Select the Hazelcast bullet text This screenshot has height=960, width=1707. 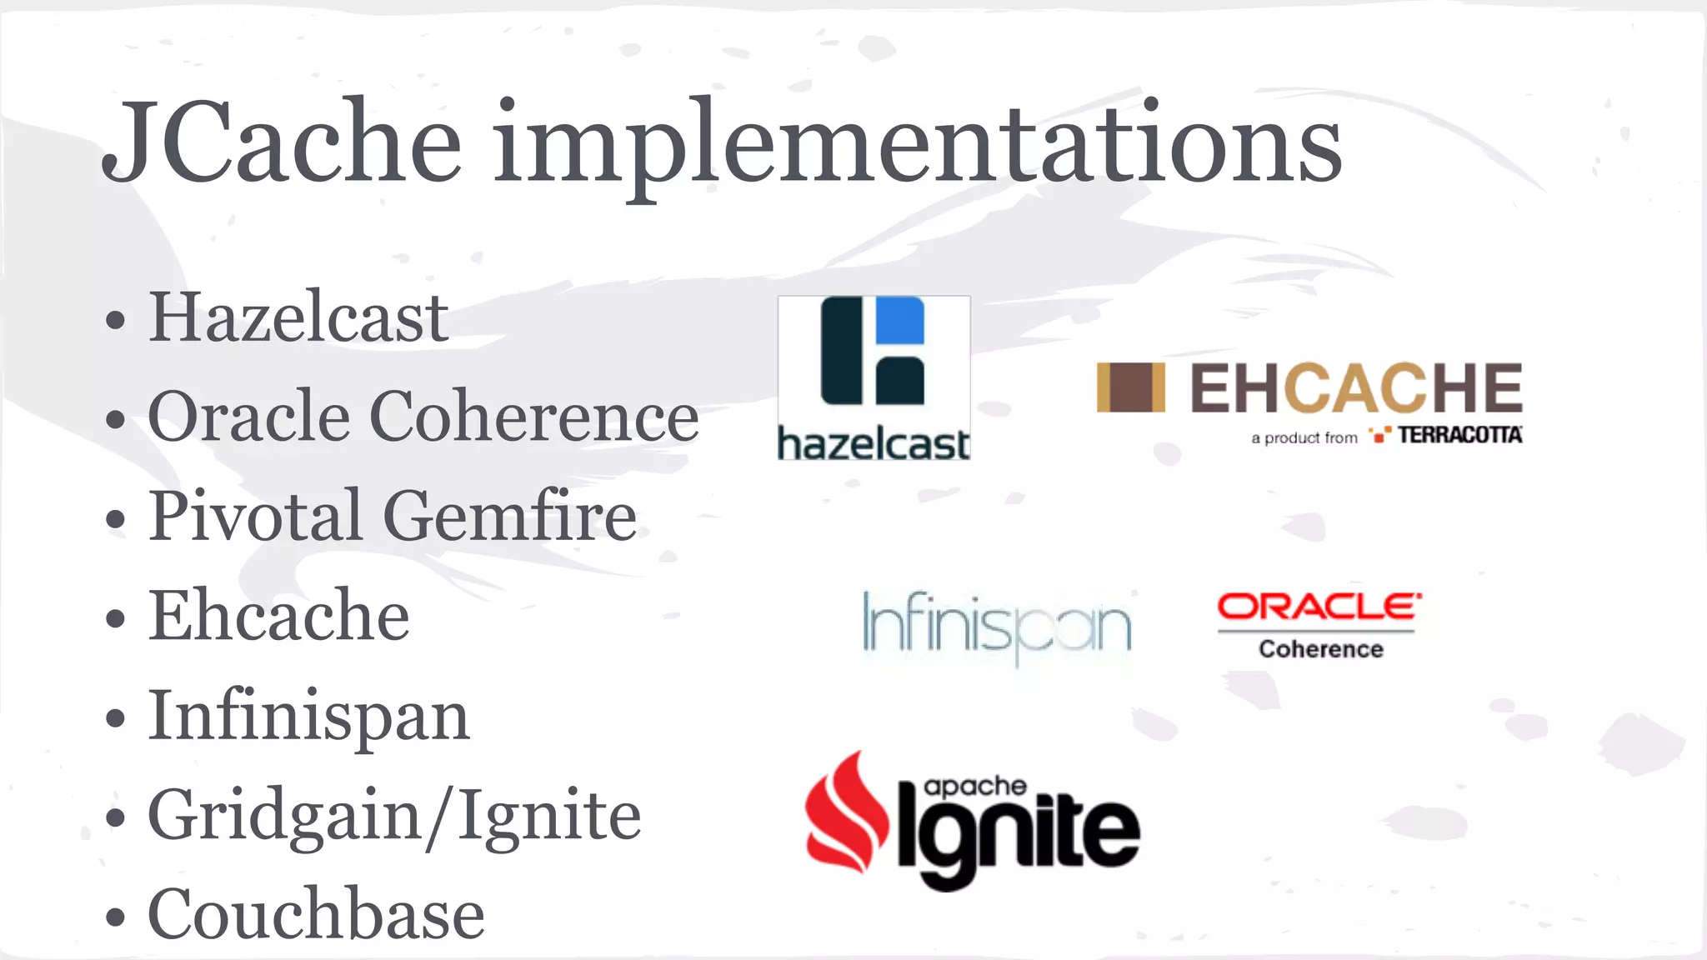click(298, 317)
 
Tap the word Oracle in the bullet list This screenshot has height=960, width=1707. click(248, 416)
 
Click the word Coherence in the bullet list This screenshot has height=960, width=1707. click(533, 416)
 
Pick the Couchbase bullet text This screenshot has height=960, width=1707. click(316, 914)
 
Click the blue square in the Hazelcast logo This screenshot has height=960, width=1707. click(899, 320)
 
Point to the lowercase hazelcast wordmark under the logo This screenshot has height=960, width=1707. click(874, 443)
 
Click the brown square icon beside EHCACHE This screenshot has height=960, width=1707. click(1130, 387)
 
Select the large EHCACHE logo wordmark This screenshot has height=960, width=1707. click(1356, 387)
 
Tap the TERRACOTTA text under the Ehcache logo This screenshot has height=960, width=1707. click(1459, 435)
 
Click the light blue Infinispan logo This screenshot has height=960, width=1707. click(997, 625)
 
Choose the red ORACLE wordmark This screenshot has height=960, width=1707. click(1319, 607)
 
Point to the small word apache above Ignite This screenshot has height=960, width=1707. click(974, 786)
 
